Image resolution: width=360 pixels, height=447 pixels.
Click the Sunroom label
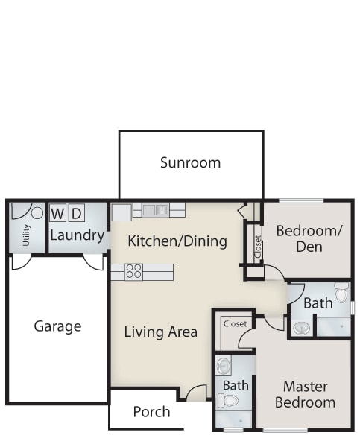(190, 162)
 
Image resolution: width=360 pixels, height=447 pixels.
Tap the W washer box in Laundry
(57, 212)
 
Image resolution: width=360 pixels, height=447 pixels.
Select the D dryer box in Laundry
(77, 212)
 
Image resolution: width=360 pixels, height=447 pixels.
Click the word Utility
(26, 235)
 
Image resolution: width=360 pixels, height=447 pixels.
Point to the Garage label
(57, 326)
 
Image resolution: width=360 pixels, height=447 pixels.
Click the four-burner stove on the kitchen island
(133, 272)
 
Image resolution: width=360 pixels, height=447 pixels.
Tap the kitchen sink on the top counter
(156, 210)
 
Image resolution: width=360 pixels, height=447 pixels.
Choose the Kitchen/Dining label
(177, 241)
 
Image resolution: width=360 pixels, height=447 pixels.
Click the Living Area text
(160, 332)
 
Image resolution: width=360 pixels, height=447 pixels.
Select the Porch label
(151, 412)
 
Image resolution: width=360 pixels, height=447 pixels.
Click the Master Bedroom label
(305, 395)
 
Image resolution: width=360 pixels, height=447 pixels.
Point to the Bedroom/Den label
(309, 238)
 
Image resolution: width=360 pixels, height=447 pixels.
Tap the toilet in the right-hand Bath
(342, 292)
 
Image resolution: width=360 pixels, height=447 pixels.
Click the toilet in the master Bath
(228, 400)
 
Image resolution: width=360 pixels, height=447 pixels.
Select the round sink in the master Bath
(223, 365)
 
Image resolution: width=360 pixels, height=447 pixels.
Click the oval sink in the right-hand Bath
(302, 328)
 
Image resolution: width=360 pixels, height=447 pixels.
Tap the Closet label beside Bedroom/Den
(258, 247)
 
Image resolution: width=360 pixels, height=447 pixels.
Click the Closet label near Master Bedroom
(235, 323)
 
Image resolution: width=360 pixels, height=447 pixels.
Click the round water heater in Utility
(37, 212)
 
